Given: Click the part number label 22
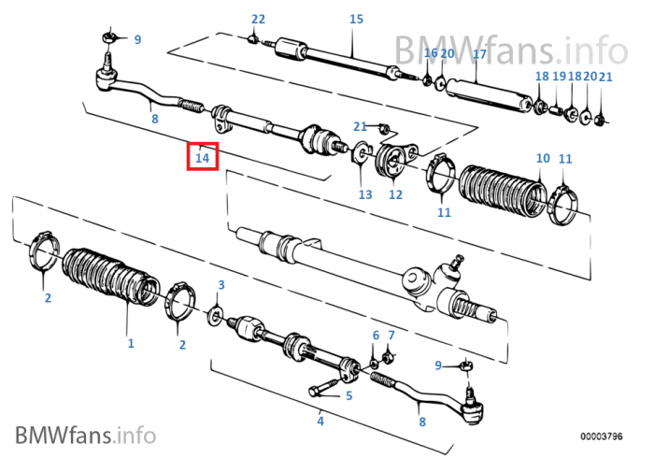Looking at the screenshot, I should click(259, 20).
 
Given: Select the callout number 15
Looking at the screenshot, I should click(356, 20).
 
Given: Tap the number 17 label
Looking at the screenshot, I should click(479, 54).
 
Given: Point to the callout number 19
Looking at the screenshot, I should click(559, 77).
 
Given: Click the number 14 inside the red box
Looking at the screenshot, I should click(202, 157).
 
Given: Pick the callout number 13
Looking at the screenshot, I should click(364, 194).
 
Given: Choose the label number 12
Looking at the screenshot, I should click(395, 194).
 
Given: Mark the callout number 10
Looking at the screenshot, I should click(543, 158).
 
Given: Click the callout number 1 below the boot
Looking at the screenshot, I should click(131, 343).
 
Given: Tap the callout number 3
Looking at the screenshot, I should click(221, 284).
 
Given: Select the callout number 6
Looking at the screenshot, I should click(376, 335).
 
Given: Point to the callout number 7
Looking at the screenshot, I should click(391, 335).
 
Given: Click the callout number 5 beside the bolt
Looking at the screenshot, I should click(348, 395).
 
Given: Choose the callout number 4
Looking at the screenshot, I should click(320, 422).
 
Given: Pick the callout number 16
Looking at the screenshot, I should click(430, 53).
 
